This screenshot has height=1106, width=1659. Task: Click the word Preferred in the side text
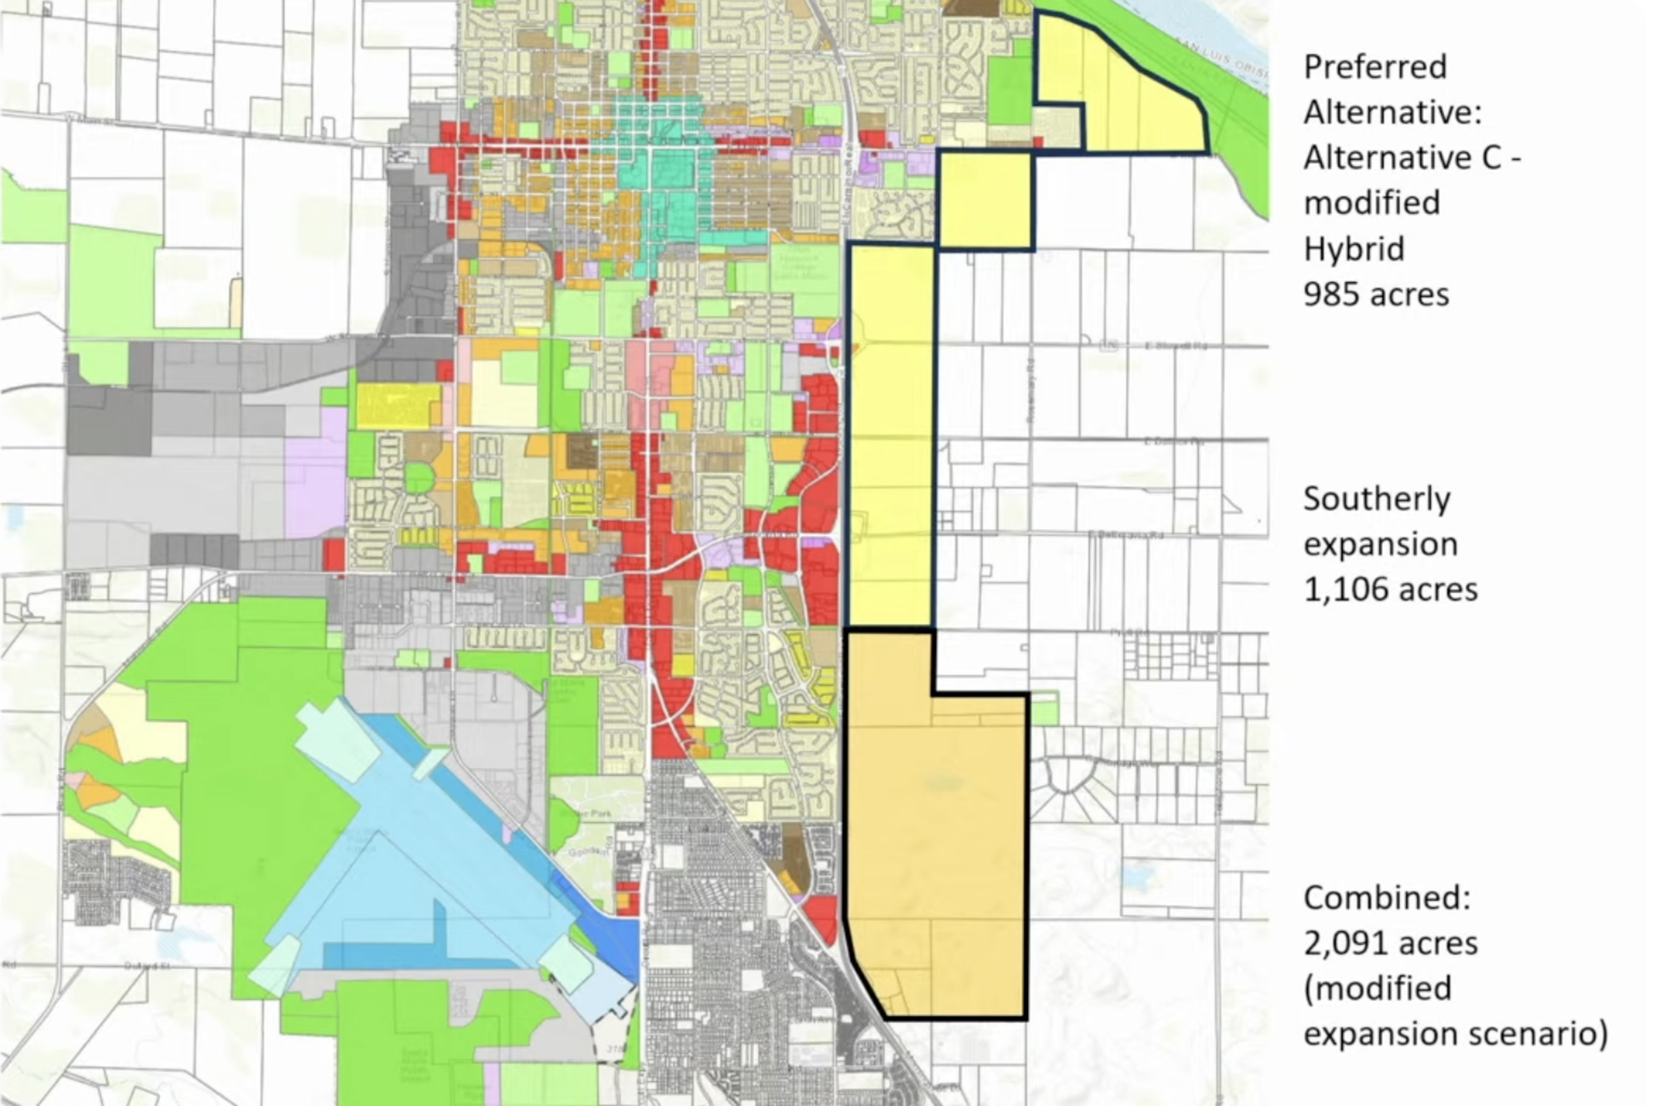(1374, 67)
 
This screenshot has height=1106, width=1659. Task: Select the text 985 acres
(1375, 295)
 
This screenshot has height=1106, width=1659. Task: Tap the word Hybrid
(1353, 249)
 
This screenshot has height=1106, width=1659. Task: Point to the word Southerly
(1376, 499)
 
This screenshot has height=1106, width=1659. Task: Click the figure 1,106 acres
(1390, 590)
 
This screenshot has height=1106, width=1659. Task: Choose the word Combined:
(1386, 898)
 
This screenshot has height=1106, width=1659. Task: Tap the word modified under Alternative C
(1371, 203)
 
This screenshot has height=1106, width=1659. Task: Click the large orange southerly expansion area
(937, 830)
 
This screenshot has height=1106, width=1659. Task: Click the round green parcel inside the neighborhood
(419, 480)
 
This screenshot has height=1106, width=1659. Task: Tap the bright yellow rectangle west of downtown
(398, 405)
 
